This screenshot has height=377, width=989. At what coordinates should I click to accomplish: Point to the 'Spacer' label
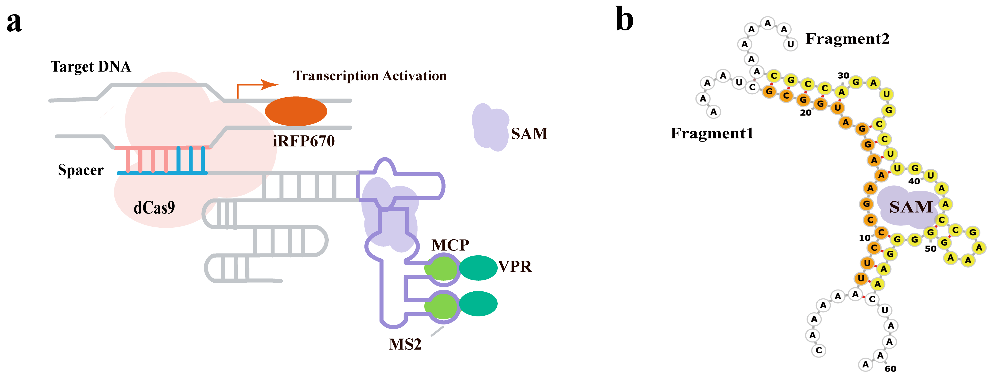point(81,170)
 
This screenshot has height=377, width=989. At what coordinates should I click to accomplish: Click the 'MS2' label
point(405,344)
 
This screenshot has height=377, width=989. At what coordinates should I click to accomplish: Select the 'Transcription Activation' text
point(370,76)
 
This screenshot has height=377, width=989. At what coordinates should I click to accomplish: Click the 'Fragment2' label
point(847,39)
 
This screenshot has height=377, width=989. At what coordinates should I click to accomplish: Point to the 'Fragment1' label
point(712,133)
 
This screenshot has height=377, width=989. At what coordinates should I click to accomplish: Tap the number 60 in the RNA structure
point(890,368)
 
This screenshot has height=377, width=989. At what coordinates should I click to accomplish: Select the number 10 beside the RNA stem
point(865,238)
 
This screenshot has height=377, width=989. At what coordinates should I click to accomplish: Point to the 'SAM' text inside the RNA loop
point(911,207)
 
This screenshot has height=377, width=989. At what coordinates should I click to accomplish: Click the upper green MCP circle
point(442,268)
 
